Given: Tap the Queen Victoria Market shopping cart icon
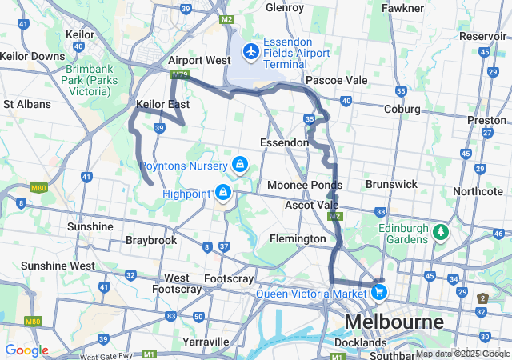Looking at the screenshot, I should [379, 293].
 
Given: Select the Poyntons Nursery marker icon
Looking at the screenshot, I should [238, 165].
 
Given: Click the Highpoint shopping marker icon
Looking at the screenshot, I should [223, 193].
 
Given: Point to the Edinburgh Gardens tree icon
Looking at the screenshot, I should [439, 233].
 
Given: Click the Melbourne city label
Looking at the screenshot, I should [394, 322].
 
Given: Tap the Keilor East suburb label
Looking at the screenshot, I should [162, 104].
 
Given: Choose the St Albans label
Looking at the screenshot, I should [27, 104].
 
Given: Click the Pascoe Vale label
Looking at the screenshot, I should [336, 80].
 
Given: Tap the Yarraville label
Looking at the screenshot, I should [206, 341].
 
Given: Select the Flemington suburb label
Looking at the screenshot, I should [297, 238].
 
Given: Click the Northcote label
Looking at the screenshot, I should [478, 191].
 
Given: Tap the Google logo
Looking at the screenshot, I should [26, 350].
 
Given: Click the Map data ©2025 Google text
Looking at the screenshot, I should [462, 354].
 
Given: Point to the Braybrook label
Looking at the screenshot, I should [150, 239].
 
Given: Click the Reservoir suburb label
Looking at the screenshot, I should [482, 36].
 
